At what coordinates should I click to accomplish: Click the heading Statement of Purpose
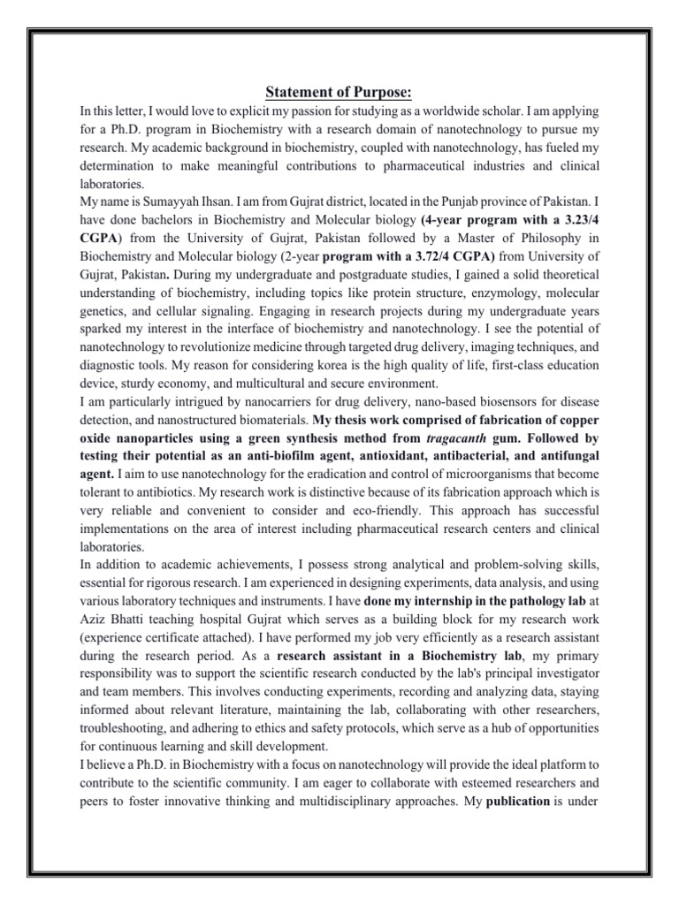point(339,95)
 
